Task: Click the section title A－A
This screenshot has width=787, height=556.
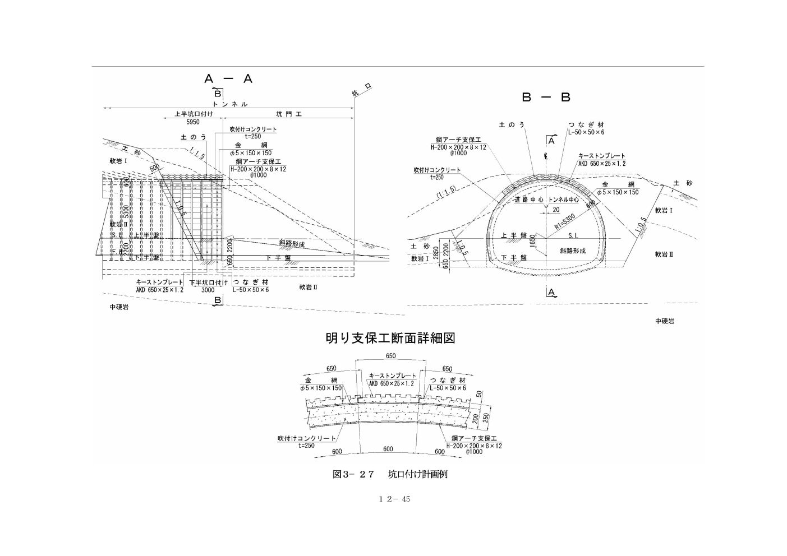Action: (229, 79)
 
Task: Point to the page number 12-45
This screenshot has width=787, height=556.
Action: (394, 499)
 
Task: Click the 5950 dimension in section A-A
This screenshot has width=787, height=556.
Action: (192, 122)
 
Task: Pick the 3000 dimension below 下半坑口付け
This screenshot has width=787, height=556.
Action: (208, 290)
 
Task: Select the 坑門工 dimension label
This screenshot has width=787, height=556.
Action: (289, 114)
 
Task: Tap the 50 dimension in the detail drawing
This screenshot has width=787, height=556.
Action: (478, 393)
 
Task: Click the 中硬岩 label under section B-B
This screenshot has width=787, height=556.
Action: (664, 321)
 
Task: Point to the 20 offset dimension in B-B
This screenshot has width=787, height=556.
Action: (555, 210)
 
